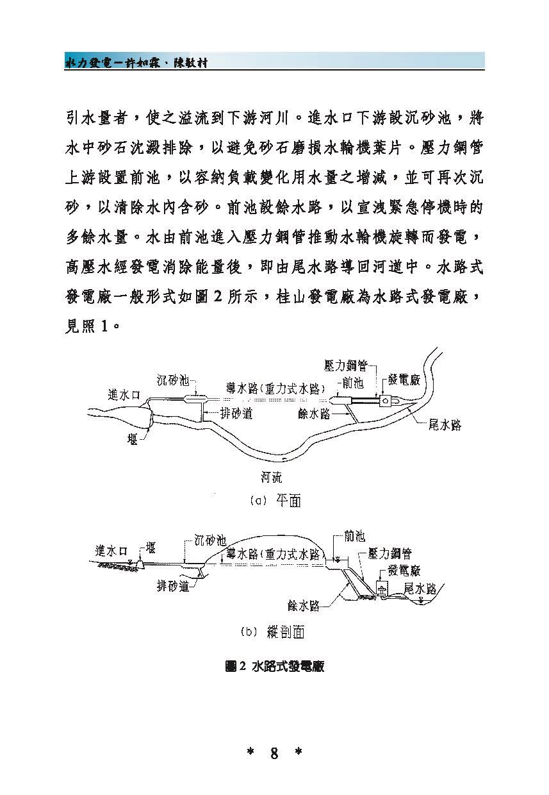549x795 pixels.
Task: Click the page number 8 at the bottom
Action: coord(274,753)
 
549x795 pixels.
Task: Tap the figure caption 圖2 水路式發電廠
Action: coord(274,667)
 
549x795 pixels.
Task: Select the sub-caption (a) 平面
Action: coord(275,501)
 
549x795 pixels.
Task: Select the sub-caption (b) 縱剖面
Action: coord(273,632)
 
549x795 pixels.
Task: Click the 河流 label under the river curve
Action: coord(272,478)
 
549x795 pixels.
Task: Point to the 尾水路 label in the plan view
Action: coord(445,424)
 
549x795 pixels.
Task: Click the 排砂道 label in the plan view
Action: coord(236,413)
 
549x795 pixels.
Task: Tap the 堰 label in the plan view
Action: coord(132,439)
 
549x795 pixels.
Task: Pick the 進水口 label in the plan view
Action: coord(124,394)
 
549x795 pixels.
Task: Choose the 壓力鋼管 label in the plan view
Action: coord(345,365)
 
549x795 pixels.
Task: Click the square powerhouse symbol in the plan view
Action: coord(386,401)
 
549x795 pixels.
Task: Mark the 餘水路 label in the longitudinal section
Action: coord(304,605)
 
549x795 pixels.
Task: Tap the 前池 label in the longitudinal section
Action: coord(355,536)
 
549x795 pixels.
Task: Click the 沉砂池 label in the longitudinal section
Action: coord(210,540)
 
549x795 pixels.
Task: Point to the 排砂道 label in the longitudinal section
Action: coord(173,585)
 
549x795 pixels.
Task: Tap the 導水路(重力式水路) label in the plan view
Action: coord(275,389)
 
